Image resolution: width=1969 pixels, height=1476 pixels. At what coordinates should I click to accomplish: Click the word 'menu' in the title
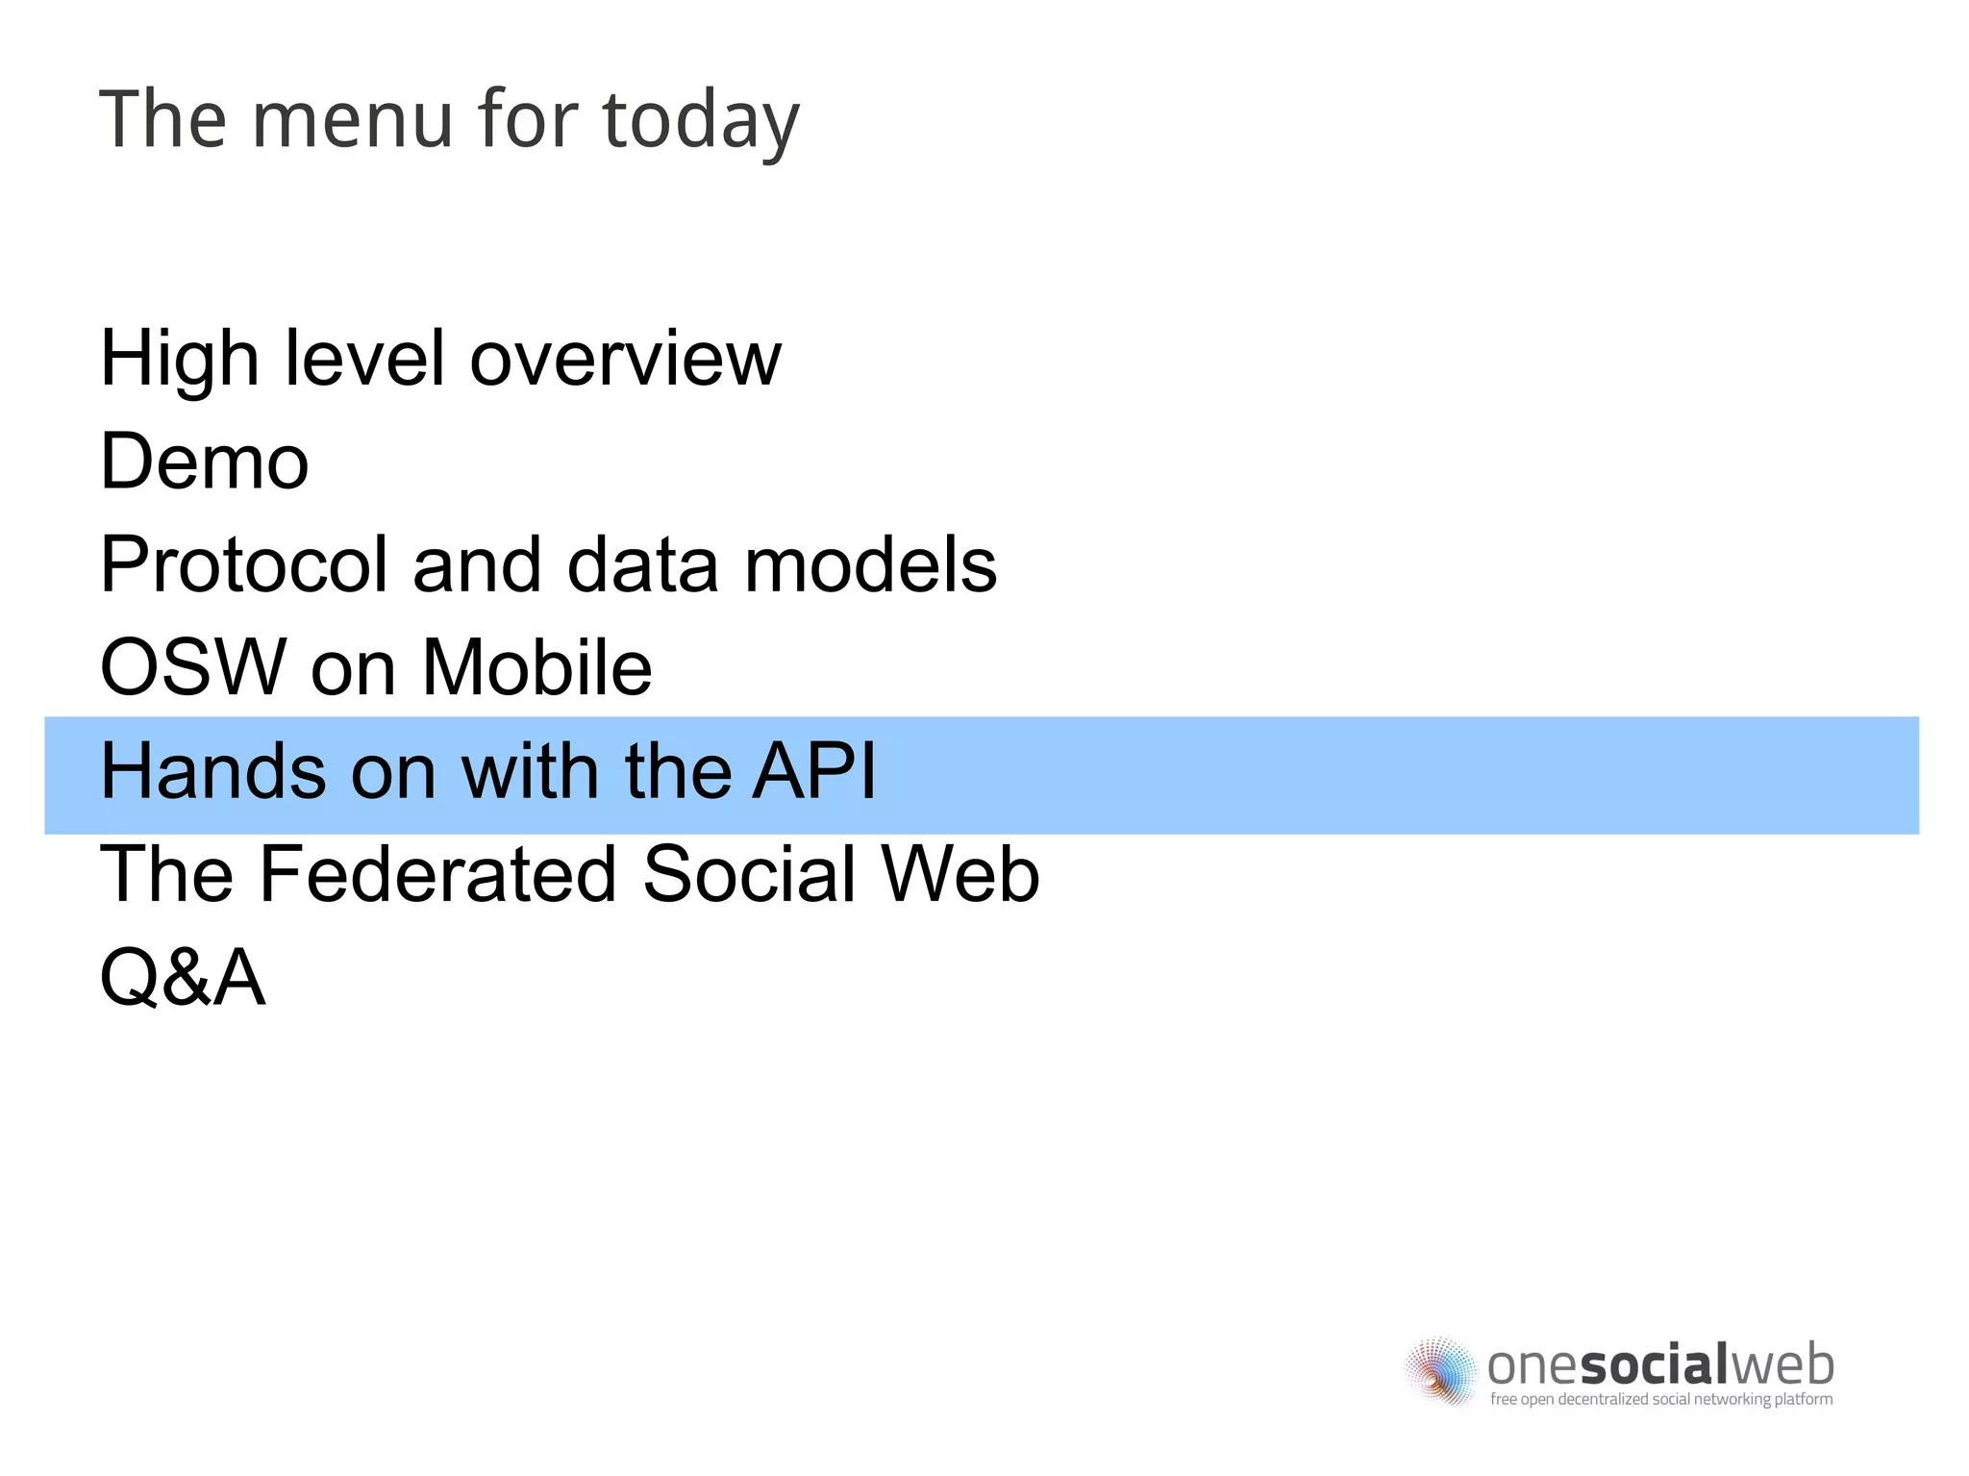pyautogui.click(x=352, y=120)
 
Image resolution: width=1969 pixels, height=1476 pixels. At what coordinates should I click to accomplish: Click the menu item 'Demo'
pyautogui.click(x=204, y=463)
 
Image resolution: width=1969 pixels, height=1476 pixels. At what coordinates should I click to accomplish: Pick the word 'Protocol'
pyautogui.click(x=244, y=565)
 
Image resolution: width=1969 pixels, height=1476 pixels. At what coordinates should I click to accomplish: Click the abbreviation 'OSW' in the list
pyautogui.click(x=193, y=667)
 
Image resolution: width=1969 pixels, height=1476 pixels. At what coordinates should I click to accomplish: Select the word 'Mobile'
pyautogui.click(x=536, y=667)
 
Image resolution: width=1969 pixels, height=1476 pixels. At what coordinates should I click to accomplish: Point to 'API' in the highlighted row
pyautogui.click(x=813, y=771)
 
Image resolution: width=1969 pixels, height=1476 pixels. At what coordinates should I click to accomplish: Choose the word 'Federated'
pyautogui.click(x=437, y=874)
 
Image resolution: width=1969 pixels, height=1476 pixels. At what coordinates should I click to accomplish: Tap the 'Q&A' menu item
pyautogui.click(x=183, y=978)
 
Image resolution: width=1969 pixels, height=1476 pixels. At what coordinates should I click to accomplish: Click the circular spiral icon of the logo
pyautogui.click(x=1440, y=1370)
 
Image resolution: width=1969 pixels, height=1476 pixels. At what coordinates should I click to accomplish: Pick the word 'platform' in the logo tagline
pyautogui.click(x=1803, y=1399)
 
